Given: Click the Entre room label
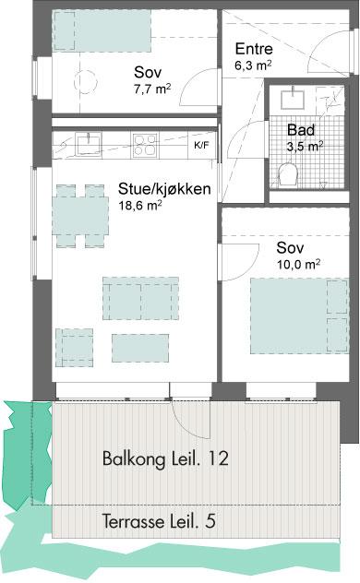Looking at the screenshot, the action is [254, 49].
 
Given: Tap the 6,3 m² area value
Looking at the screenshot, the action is [253, 65].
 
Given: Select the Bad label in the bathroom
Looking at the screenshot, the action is [301, 130].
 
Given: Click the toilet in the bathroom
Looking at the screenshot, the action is [289, 175].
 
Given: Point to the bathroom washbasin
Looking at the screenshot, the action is [293, 98].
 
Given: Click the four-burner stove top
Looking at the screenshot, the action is [146, 145].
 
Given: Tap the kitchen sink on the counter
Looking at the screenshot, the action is [89, 144].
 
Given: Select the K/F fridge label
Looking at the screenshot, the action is [201, 146].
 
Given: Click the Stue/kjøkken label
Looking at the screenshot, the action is [164, 189].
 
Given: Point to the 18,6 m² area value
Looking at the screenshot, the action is [139, 205].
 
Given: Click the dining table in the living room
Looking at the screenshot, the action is [80, 216].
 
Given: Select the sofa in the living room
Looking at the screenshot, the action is [140, 298].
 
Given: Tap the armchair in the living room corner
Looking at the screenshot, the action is [75, 347].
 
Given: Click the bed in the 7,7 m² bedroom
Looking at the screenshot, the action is [102, 30].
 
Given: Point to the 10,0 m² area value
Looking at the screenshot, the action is [299, 265].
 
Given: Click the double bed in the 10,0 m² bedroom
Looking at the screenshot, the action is [299, 316].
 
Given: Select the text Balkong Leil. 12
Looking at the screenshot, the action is [165, 458].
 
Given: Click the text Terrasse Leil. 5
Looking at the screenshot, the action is [159, 521].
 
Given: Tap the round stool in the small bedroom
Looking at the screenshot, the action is [86, 81].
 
